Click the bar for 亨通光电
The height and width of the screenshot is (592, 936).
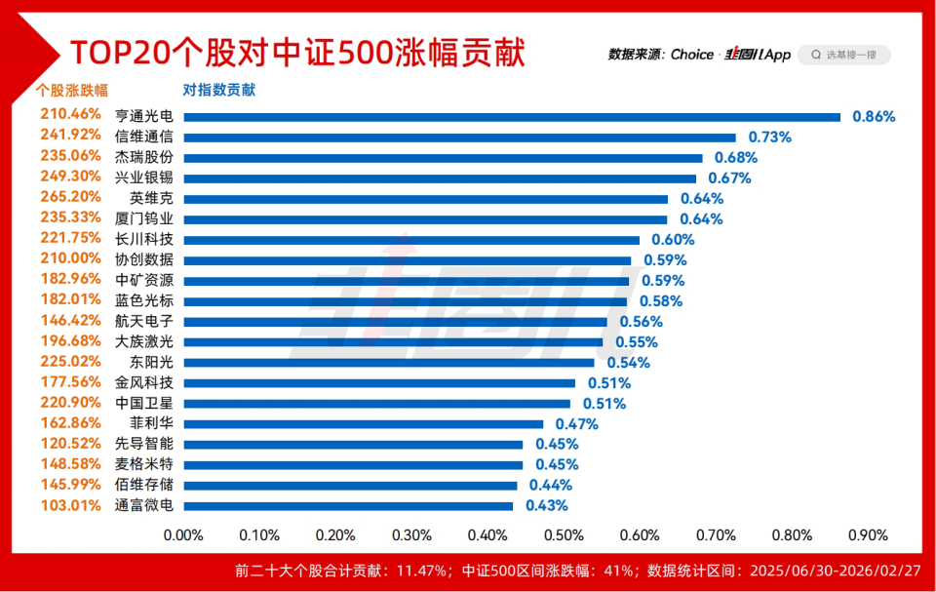(512, 117)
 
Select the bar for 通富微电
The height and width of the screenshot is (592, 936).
(348, 505)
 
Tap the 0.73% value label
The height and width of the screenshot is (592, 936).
(769, 138)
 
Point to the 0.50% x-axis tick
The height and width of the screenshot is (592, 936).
(564, 535)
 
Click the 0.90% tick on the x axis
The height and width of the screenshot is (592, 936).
(868, 535)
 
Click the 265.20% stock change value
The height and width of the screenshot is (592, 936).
(70, 199)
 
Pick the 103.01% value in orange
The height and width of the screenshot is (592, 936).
(70, 505)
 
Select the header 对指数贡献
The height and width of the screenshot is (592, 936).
(220, 91)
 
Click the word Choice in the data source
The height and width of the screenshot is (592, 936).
(692, 55)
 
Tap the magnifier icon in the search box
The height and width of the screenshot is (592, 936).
(812, 55)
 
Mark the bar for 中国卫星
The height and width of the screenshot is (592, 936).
(376, 403)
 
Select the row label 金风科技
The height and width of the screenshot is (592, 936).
(144, 382)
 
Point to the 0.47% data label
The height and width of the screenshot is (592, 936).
(576, 424)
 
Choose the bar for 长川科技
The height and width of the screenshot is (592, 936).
(411, 240)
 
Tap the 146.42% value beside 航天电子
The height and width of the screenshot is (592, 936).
(70, 321)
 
